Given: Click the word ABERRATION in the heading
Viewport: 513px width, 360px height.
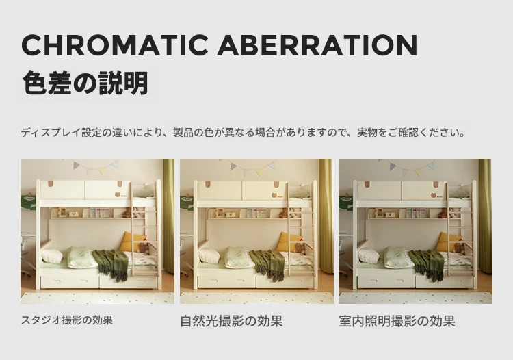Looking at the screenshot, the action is (x=317, y=44).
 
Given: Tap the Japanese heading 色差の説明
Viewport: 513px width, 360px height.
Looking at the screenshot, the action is (x=85, y=83).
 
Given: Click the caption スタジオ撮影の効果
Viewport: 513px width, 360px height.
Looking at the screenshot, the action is (x=67, y=320).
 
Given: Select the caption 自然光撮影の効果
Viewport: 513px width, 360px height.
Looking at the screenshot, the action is (x=231, y=321).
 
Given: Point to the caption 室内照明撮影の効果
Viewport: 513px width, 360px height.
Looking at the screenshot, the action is (x=397, y=321).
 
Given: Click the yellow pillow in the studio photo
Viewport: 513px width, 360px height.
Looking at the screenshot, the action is (x=133, y=242).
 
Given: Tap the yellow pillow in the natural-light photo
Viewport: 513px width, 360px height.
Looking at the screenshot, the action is (x=290, y=242).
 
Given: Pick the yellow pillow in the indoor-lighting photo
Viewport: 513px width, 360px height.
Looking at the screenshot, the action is (x=451, y=242).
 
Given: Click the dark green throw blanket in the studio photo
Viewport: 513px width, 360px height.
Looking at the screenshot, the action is (x=111, y=264).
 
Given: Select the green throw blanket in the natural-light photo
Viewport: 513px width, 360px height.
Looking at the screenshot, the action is (x=267, y=264).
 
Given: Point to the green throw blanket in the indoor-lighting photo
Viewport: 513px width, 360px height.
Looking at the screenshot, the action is (x=426, y=264).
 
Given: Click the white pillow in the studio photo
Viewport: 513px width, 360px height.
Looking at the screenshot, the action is (x=52, y=255).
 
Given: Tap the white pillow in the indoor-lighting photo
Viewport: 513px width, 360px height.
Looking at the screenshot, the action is (x=369, y=255).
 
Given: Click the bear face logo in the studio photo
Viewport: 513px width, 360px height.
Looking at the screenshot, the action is (x=118, y=195).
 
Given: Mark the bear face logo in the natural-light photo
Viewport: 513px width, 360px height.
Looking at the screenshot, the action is (x=274, y=195).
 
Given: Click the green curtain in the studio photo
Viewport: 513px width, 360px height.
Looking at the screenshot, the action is (x=169, y=216).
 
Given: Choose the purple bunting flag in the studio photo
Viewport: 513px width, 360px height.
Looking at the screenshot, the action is (x=77, y=166).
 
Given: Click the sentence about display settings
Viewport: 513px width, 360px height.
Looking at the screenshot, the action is (x=243, y=133).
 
